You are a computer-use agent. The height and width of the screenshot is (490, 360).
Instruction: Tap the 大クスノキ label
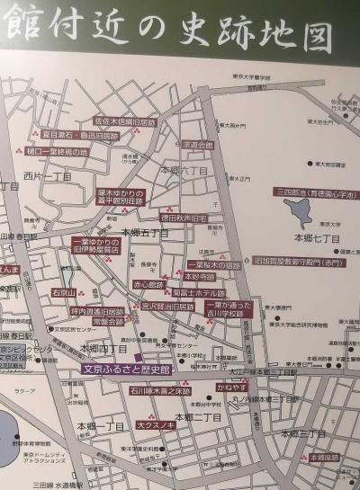pyautogui.click(x=154, y=424)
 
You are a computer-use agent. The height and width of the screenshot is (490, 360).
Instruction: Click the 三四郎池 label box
pyautogui.click(x=307, y=192)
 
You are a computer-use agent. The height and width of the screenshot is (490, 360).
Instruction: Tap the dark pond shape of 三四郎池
pyautogui.click(x=298, y=212)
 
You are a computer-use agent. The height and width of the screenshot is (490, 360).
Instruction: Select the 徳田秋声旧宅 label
pyautogui.click(x=184, y=218)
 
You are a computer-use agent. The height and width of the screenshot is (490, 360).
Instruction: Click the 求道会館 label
pyautogui.click(x=198, y=145)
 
